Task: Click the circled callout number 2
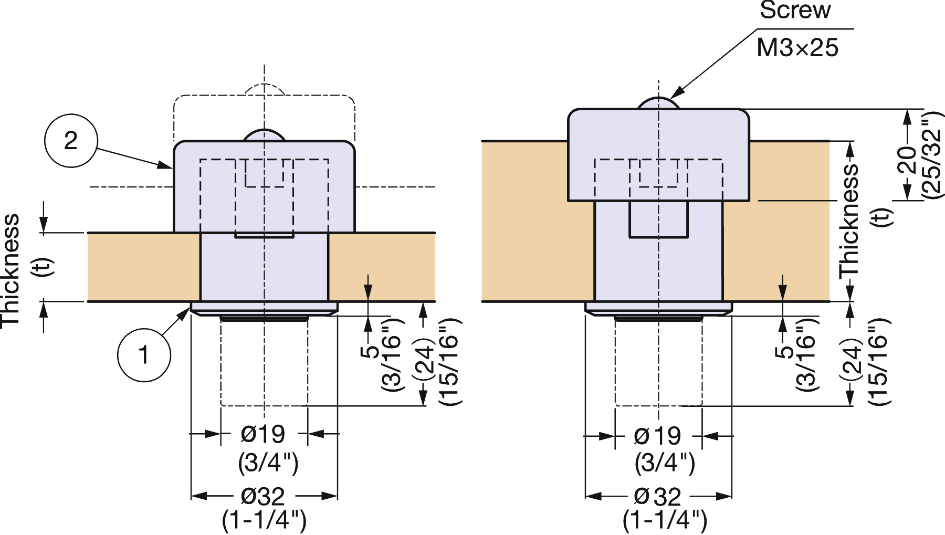71,141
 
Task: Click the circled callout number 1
143,355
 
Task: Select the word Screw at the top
795,11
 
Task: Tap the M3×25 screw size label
797,48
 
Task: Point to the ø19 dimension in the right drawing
657,436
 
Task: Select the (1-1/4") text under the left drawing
264,520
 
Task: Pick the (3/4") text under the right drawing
665,463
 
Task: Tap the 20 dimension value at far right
907,160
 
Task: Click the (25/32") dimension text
932,155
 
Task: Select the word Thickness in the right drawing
849,221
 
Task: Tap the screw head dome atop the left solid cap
264,135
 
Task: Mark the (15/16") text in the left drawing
450,362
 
